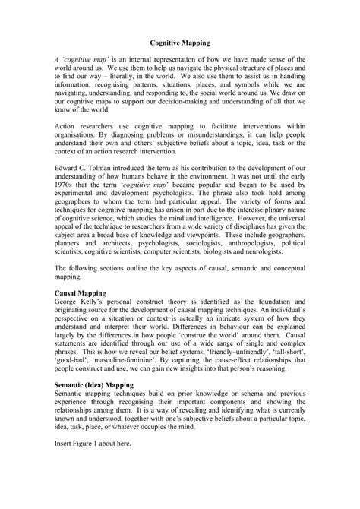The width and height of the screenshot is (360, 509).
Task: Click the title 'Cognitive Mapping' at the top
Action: tap(179, 45)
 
